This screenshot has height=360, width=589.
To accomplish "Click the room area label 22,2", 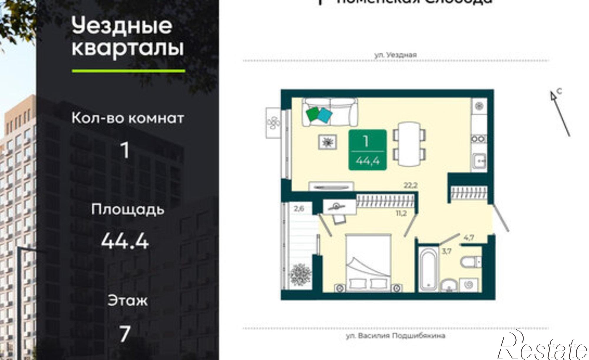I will tap(411, 185).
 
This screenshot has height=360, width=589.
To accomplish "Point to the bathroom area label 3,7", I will tap(447, 251).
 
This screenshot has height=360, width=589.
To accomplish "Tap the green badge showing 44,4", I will tap(367, 150).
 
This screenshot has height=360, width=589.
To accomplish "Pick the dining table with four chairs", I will tap(409, 145).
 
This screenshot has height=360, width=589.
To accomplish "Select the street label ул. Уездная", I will tap(396, 55).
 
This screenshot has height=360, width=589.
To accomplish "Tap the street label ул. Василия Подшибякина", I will tap(396, 336).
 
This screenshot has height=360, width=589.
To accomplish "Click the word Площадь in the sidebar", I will tap(128, 210).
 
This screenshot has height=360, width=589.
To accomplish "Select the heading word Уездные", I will tap(122, 26).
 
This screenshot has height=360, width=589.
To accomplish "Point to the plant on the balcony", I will tap(300, 274).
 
